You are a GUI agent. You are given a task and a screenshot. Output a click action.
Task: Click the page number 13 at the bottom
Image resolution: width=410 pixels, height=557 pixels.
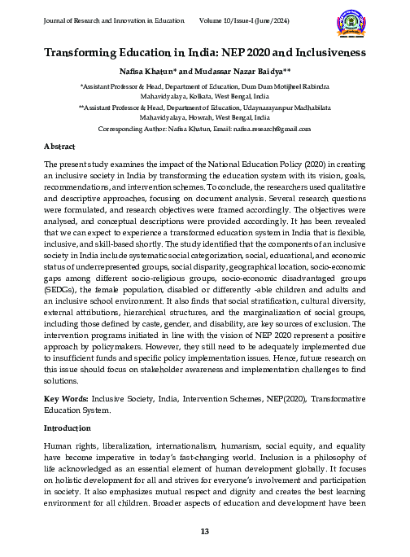(205, 532)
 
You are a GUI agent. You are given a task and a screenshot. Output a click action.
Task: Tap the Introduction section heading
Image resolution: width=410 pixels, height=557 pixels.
(69, 427)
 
